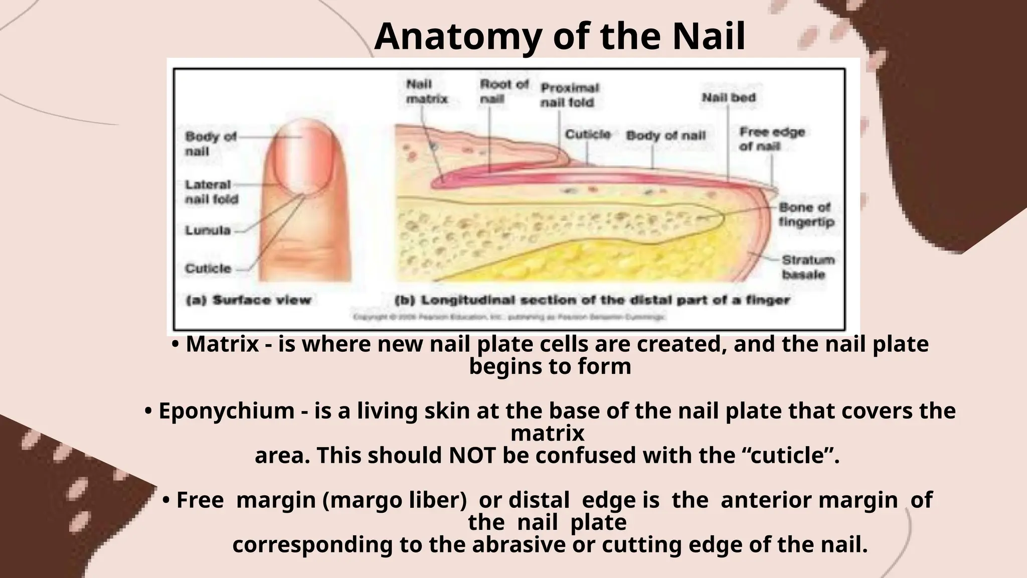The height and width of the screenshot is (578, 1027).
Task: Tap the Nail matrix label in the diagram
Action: point(426,92)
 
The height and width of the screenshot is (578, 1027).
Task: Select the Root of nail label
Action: point(503,92)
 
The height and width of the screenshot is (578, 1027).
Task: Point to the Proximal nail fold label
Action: point(569,95)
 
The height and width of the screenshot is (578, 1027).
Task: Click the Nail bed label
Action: point(728,98)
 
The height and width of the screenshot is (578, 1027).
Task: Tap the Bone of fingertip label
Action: point(806,215)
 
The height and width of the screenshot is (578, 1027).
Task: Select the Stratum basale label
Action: point(807,267)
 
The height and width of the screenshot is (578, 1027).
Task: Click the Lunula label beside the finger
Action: point(208,231)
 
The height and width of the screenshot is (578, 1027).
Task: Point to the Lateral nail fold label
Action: point(211,192)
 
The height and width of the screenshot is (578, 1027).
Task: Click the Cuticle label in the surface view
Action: point(208,268)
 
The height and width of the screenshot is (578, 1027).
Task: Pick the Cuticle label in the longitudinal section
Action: point(588,134)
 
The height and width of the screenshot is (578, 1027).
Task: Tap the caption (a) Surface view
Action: point(248,301)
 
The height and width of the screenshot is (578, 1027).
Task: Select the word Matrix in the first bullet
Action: point(222,345)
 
